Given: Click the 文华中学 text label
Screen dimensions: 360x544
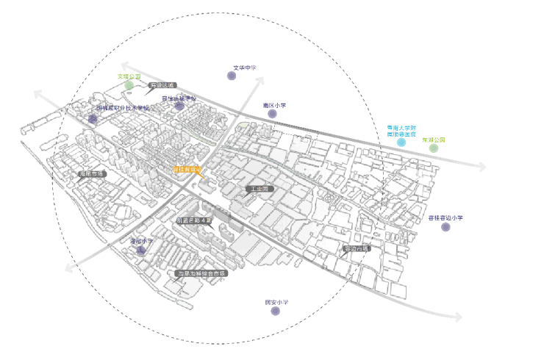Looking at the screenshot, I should [245, 68].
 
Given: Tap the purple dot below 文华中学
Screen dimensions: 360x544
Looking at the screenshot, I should [232, 76].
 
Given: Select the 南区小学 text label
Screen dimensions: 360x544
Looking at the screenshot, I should [273, 105].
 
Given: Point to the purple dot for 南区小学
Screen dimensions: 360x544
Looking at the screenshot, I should [273, 114].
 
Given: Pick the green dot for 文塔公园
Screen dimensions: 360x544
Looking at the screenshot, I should [129, 85].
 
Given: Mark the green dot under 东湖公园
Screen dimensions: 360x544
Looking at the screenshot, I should [434, 148].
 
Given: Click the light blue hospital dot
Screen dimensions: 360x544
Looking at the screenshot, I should [401, 142].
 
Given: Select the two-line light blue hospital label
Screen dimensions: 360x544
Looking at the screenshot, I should [401, 131].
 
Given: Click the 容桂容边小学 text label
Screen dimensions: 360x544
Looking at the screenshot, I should [446, 217].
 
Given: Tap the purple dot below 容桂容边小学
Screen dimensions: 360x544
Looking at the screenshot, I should [445, 227].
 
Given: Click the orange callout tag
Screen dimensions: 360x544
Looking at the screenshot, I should [186, 170].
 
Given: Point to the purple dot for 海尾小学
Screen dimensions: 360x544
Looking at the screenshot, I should [141, 251].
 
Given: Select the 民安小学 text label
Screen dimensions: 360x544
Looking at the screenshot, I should [276, 302].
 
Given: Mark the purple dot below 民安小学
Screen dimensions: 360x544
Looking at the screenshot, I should [276, 312].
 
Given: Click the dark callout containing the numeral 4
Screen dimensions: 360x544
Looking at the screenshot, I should [194, 220].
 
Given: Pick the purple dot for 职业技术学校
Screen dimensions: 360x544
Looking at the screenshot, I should [93, 118].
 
